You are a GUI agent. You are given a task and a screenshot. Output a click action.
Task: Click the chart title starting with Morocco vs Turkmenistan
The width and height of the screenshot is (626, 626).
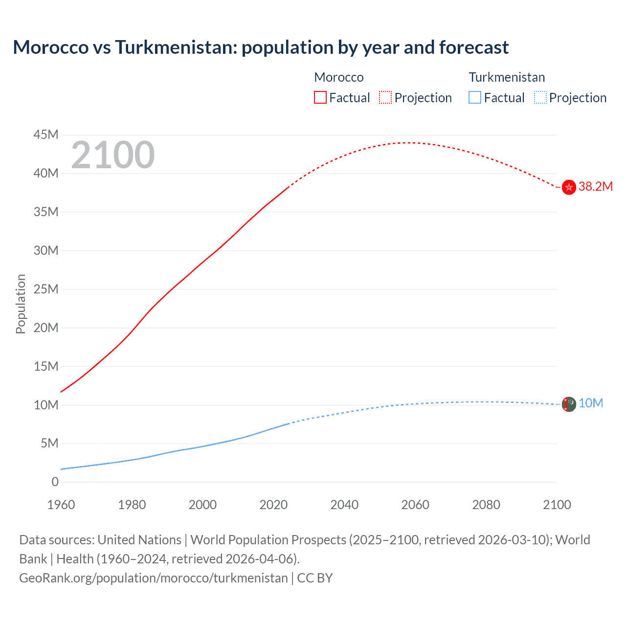pyautogui.click(x=261, y=47)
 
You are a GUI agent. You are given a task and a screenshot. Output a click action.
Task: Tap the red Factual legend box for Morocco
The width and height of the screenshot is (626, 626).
pyautogui.click(x=320, y=97)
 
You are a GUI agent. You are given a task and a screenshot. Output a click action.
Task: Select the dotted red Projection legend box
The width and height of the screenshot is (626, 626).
pyautogui.click(x=385, y=97)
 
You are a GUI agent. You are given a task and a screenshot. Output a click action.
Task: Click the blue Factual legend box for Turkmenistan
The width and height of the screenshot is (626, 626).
pyautogui.click(x=475, y=97)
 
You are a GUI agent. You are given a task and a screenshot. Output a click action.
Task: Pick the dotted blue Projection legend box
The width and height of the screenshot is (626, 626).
pyautogui.click(x=540, y=97)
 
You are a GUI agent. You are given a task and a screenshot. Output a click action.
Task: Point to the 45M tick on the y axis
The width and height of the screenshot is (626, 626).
pyautogui.click(x=46, y=134)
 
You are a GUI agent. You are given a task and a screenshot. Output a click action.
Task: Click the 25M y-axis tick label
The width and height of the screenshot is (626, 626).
pyautogui.click(x=46, y=289)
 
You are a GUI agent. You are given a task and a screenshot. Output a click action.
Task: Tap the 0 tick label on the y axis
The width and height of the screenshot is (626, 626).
pyautogui.click(x=55, y=482)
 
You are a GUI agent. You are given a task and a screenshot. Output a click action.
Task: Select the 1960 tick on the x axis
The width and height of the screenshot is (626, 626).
pyautogui.click(x=61, y=505)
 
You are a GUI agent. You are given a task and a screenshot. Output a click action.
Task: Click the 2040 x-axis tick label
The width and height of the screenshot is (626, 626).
pyautogui.click(x=344, y=505)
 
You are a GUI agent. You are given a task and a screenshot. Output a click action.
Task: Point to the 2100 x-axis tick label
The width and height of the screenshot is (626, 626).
pyautogui.click(x=557, y=505)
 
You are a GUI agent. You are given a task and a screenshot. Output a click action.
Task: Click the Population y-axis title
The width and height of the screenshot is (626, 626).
pyautogui.click(x=21, y=304)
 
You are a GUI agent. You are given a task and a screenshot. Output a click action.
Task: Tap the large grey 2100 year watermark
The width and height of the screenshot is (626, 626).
pyautogui.click(x=113, y=155)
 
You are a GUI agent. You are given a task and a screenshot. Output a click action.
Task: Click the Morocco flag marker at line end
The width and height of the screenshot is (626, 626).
pyautogui.click(x=569, y=187)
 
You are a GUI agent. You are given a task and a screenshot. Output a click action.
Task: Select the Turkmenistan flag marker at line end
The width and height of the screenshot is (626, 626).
pyautogui.click(x=569, y=404)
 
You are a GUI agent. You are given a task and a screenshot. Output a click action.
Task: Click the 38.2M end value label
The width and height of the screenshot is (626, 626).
pyautogui.click(x=595, y=186)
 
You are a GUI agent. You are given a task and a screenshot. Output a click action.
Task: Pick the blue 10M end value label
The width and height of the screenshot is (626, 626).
pyautogui.click(x=591, y=403)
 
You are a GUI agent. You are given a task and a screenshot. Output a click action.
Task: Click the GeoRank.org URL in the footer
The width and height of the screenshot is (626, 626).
pyautogui.click(x=153, y=578)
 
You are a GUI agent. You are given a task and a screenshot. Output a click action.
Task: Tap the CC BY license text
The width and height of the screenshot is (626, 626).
pyautogui.click(x=315, y=578)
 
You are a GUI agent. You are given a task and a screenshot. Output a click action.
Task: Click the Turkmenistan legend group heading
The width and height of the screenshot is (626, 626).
pyautogui.click(x=507, y=77)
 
